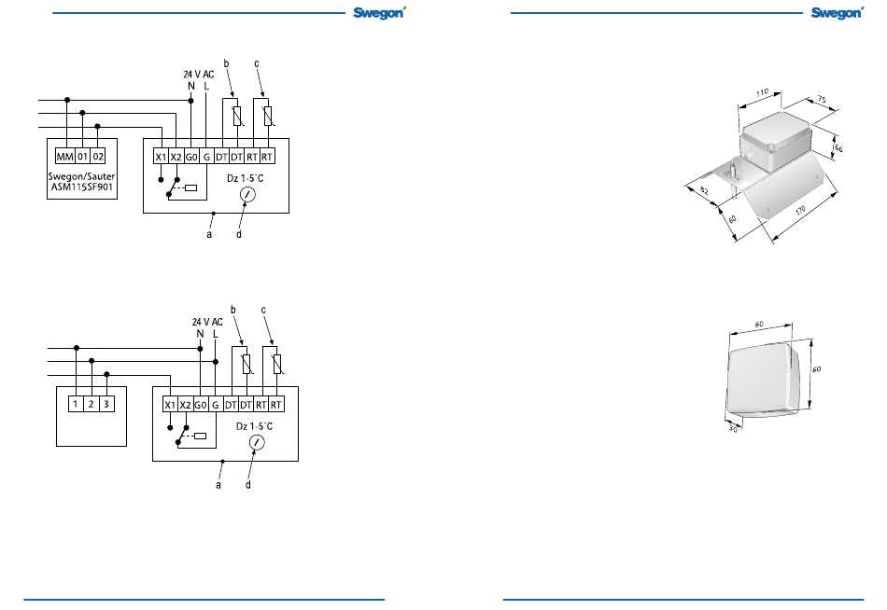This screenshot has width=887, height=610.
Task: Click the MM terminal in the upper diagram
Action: coord(64,157)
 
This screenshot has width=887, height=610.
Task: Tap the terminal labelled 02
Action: coord(98,157)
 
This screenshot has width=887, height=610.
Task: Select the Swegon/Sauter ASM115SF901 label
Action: coord(82,182)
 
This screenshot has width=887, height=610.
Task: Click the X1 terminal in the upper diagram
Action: coord(162,157)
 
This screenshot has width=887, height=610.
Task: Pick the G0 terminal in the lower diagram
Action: coord(201,405)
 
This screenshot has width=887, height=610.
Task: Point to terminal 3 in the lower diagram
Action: coord(106,404)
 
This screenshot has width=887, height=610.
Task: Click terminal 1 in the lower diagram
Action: coord(76,404)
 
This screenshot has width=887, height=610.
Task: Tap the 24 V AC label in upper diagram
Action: coord(199,74)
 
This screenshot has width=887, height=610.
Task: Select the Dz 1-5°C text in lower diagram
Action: coord(254,426)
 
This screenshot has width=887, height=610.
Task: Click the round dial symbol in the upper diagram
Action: coord(247,195)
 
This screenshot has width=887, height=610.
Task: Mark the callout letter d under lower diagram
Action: coord(247,484)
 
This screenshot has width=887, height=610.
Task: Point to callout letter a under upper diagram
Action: coord(209,234)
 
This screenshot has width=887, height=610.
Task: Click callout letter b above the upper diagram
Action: coord(226,63)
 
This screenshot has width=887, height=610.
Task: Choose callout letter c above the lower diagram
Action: coord(263,310)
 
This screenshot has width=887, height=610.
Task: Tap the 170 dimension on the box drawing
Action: coord(800,210)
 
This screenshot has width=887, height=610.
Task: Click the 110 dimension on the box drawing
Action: coord(762,92)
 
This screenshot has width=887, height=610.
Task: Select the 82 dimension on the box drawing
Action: coord(704,190)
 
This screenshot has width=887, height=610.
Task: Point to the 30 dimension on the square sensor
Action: coord(733,428)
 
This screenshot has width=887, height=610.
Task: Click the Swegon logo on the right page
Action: coord(838,12)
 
